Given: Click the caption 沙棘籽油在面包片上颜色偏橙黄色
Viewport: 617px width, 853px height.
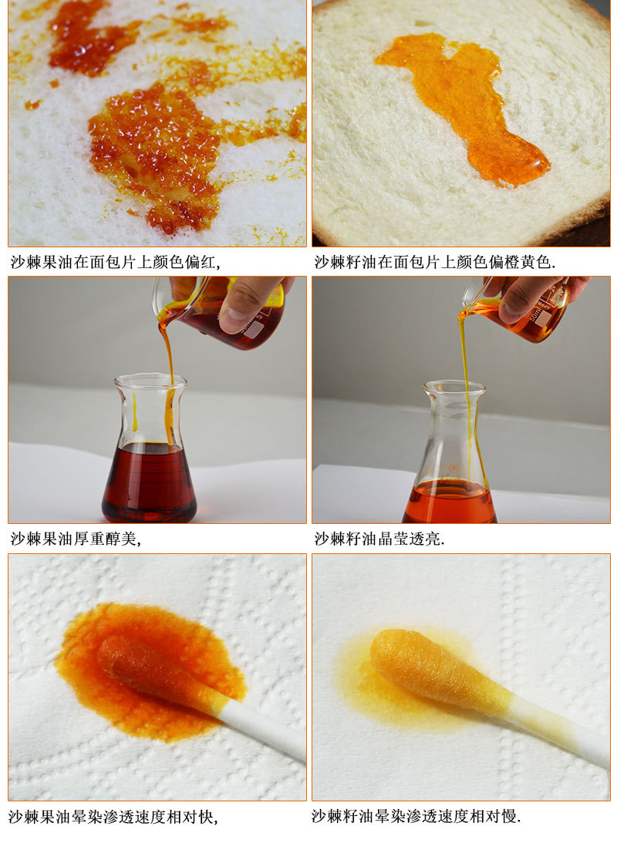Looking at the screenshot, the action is click(x=434, y=262).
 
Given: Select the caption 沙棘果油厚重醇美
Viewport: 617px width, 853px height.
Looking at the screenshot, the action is click(x=76, y=539).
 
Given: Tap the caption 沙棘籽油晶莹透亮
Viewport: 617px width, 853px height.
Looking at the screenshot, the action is click(x=379, y=539).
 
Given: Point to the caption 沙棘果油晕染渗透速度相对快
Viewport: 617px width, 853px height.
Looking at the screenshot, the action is click(x=113, y=817).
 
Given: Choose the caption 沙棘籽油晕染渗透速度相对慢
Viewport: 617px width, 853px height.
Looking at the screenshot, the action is click(x=416, y=816).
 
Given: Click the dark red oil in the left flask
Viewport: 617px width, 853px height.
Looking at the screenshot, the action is click(x=149, y=482).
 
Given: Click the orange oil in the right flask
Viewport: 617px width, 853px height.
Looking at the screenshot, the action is click(x=450, y=502).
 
